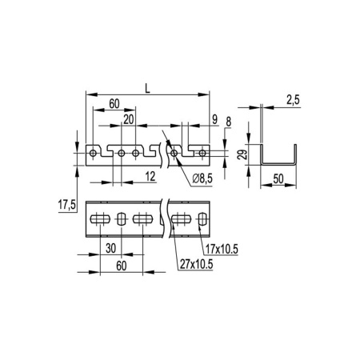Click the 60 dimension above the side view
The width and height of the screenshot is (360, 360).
point(115,104)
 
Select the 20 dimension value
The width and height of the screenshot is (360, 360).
point(129,118)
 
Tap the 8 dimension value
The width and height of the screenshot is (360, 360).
point(230,122)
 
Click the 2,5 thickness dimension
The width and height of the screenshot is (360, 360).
point(291,100)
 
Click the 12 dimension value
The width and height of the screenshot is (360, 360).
point(150,174)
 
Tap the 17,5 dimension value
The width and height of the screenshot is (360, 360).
point(66,206)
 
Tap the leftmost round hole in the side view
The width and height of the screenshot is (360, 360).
point(94,152)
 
